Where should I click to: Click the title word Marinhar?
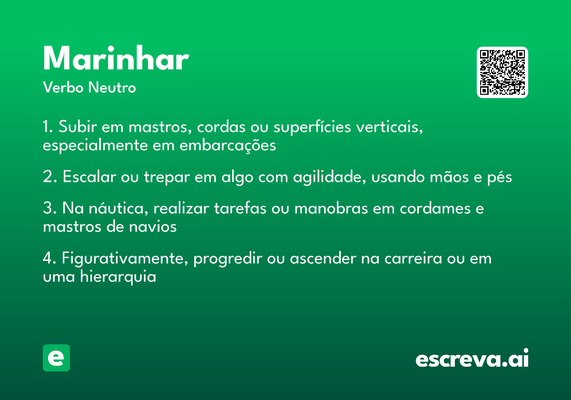click(116, 58)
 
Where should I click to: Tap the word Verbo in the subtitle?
click(63, 87)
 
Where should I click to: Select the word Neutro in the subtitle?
click(112, 87)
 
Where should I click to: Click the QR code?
click(502, 72)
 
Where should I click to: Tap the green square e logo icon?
click(56, 358)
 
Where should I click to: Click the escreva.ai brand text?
click(472, 358)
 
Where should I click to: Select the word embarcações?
click(227, 145)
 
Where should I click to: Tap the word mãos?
click(449, 177)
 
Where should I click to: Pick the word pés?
click(500, 177)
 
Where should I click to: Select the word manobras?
click(331, 208)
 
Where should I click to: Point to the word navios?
click(153, 227)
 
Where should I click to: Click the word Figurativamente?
click(125, 259)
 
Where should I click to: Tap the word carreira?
click(413, 259)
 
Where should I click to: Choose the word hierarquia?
click(118, 277)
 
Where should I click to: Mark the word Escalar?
click(89, 176)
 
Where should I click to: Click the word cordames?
click(435, 208)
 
